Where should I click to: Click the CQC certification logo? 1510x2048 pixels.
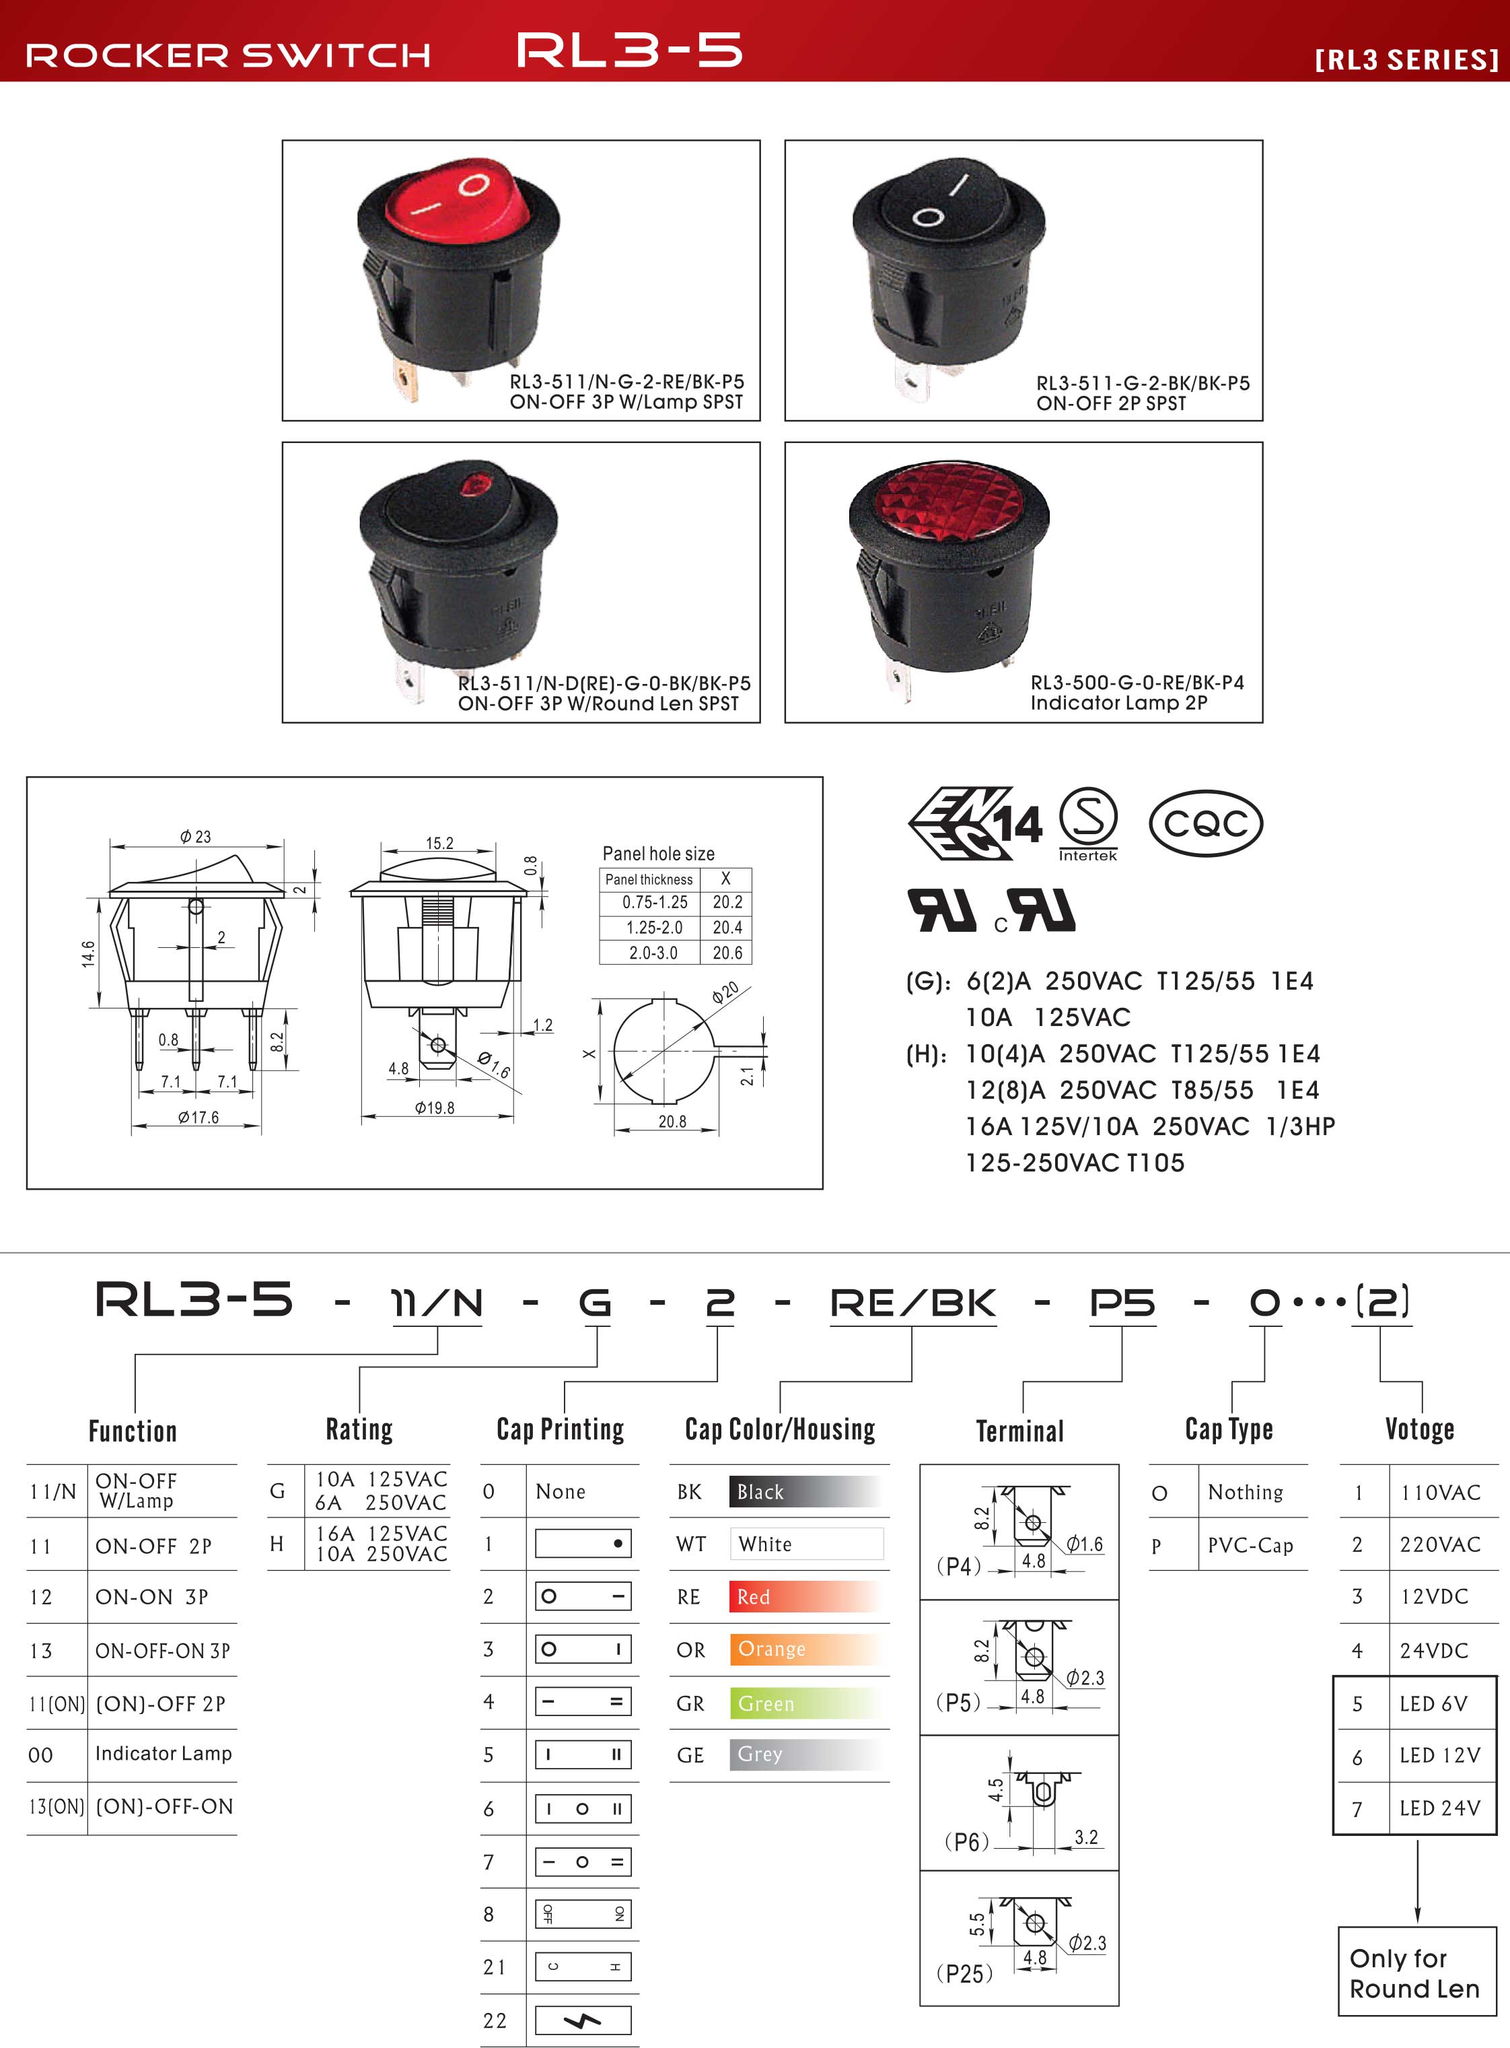(x=1206, y=823)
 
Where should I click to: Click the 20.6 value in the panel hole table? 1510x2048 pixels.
(x=727, y=953)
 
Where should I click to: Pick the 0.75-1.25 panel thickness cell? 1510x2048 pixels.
(x=655, y=902)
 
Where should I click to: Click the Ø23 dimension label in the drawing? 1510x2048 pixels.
(x=196, y=837)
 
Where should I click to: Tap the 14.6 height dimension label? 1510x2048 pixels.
(x=87, y=953)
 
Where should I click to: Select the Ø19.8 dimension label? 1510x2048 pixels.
(x=434, y=1108)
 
